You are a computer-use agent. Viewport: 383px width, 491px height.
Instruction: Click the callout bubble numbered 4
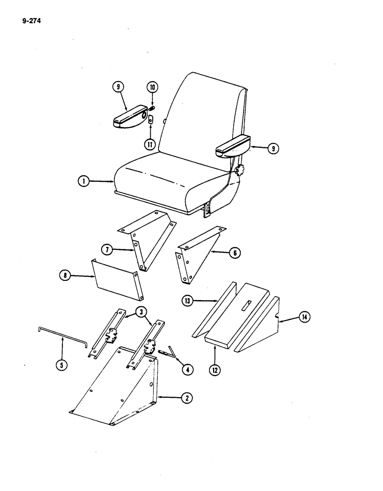click(186, 369)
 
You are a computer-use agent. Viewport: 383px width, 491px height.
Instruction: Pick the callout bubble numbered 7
click(109, 249)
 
